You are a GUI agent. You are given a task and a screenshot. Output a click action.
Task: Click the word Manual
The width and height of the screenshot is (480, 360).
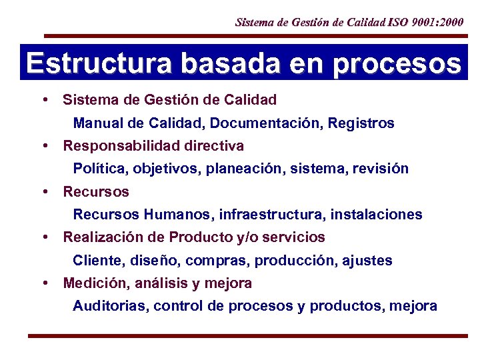click(97, 123)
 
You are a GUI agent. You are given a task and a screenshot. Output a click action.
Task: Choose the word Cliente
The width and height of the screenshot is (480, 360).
click(97, 261)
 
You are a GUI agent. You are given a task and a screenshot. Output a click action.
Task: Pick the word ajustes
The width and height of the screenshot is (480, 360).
click(367, 261)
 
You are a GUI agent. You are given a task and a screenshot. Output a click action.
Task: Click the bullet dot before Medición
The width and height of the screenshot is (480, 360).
click(45, 283)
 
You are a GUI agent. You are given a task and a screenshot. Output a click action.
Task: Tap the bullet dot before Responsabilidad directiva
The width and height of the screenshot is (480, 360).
click(45, 145)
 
